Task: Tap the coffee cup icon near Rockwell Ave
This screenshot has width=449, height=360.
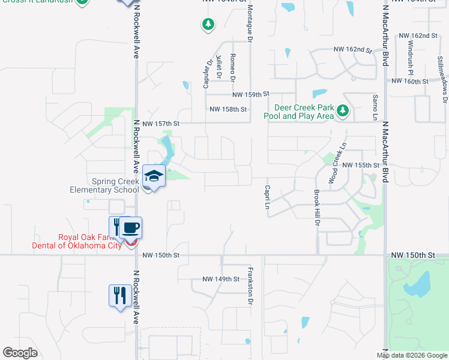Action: coord(131,228)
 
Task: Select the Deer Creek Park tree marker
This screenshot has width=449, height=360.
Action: coord(343,110)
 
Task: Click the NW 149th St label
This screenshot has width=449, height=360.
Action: coord(221,279)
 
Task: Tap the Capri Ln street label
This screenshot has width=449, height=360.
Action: coord(267,197)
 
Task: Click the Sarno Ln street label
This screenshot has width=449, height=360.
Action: coord(375,105)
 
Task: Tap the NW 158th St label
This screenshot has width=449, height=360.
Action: coord(228,109)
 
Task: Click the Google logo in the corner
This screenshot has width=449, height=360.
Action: coord(20,353)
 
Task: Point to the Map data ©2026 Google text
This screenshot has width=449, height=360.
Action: coord(412,355)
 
